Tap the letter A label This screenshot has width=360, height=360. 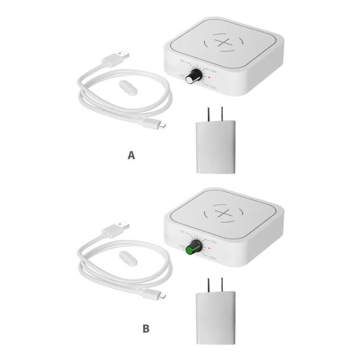pyautogui.click(x=131, y=156)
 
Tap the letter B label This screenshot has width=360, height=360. pyautogui.click(x=146, y=329)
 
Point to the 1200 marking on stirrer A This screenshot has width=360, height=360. pyautogui.click(x=214, y=72)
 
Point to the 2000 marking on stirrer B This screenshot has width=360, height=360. pyautogui.click(x=213, y=258)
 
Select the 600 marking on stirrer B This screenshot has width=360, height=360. pyautogui.click(x=182, y=232)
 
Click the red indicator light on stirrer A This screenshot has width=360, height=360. pyautogui.click(x=209, y=77)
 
